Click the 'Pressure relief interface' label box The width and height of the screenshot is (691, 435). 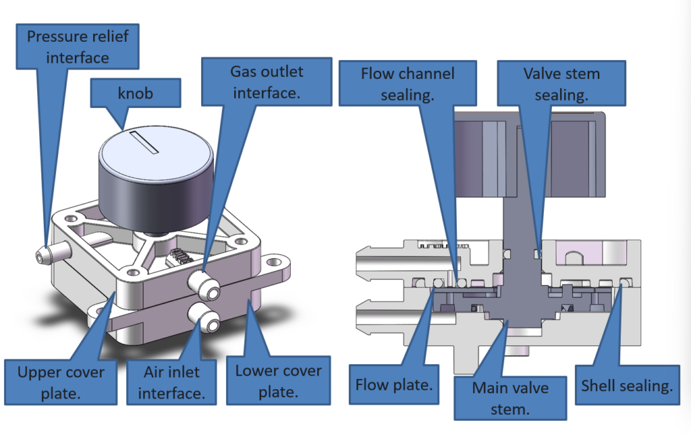[x=76, y=46]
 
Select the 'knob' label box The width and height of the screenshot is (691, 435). [x=135, y=93]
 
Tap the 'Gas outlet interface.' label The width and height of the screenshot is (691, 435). [x=267, y=82]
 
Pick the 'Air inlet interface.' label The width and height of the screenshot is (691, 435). [x=171, y=381]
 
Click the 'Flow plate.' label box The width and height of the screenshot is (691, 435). [x=393, y=385]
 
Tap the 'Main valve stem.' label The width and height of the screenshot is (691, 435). [x=509, y=397]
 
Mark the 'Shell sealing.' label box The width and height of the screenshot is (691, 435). [x=627, y=386]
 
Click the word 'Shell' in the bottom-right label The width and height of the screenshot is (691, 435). [x=600, y=386]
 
